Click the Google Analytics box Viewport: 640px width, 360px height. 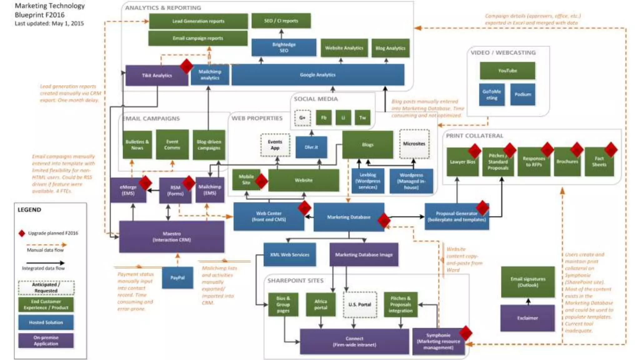click(317, 75)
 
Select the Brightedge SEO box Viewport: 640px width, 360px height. click(284, 47)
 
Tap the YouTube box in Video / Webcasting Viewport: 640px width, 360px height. click(507, 71)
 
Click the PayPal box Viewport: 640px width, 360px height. click(177, 277)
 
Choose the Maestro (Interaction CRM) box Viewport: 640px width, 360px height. click(172, 237)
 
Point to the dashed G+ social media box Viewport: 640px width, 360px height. click(302, 118)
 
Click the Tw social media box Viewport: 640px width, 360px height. click(362, 118)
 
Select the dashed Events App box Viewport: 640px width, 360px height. click(275, 145)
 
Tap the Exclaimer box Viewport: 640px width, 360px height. click(527, 318)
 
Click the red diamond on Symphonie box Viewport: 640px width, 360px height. click(466, 333)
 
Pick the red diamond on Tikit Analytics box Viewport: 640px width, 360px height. click(187, 66)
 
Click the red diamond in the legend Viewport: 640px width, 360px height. click(22, 233)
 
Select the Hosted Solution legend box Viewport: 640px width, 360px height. click(46, 322)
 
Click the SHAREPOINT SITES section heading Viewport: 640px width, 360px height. click(295, 281)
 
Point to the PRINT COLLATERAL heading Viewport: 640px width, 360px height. click(474, 136)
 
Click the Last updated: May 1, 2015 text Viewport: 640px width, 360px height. click(49, 23)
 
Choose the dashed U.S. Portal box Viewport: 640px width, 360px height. click(360, 304)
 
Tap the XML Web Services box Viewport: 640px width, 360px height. click(289, 255)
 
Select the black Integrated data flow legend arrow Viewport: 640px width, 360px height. click(45, 263)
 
